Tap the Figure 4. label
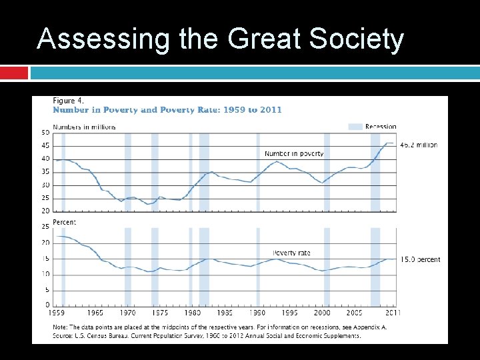tap(69, 101)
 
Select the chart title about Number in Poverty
tap(167, 110)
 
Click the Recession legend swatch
tap(355, 127)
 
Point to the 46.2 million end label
tap(419, 145)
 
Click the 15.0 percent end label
tap(420, 259)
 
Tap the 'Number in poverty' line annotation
tap(294, 153)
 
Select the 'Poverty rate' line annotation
tap(291, 253)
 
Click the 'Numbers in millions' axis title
tap(84, 127)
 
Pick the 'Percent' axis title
tap(65, 222)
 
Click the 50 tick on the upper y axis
tap(45, 133)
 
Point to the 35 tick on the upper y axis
tap(45, 172)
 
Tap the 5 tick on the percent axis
tap(47, 290)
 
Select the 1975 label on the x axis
tap(160, 313)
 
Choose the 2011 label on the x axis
tap(393, 313)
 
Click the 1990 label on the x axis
tap(257, 313)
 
